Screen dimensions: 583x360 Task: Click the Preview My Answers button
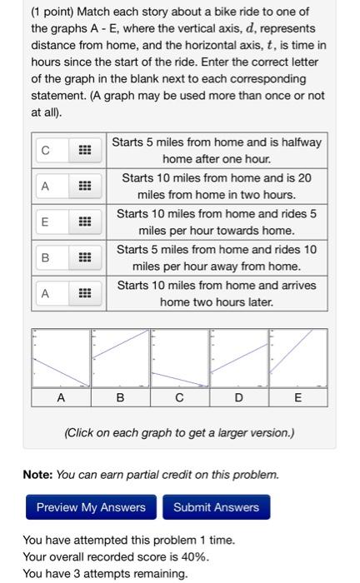[91, 507]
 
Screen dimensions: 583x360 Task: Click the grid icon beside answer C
[85, 151]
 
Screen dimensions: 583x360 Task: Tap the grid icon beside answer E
[85, 222]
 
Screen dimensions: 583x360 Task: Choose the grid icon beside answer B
[85, 257]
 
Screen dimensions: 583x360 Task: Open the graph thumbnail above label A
[61, 358]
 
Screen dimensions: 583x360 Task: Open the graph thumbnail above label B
[120, 358]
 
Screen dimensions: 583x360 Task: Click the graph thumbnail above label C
[179, 358]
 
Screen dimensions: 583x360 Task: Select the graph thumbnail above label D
[238, 358]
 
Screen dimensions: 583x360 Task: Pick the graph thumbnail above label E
[297, 358]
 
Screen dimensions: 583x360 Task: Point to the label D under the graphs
[238, 398]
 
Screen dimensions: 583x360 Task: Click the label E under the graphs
[297, 398]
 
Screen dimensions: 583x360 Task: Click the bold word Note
[37, 475]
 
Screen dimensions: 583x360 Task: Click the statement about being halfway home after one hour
[217, 151]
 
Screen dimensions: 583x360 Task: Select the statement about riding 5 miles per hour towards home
[217, 222]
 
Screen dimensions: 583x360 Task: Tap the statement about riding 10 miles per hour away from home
[217, 257]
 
